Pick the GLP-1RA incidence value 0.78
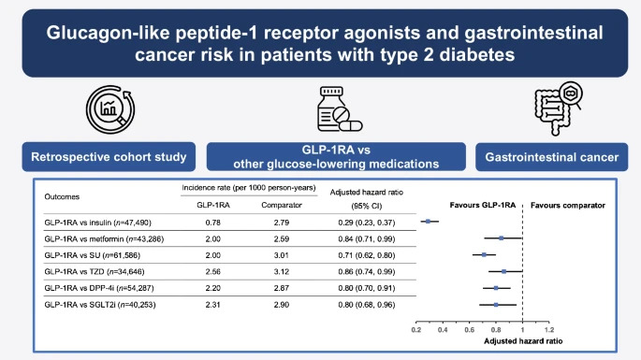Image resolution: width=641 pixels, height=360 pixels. [211, 221]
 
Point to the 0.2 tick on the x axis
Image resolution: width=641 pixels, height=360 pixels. [416, 330]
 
